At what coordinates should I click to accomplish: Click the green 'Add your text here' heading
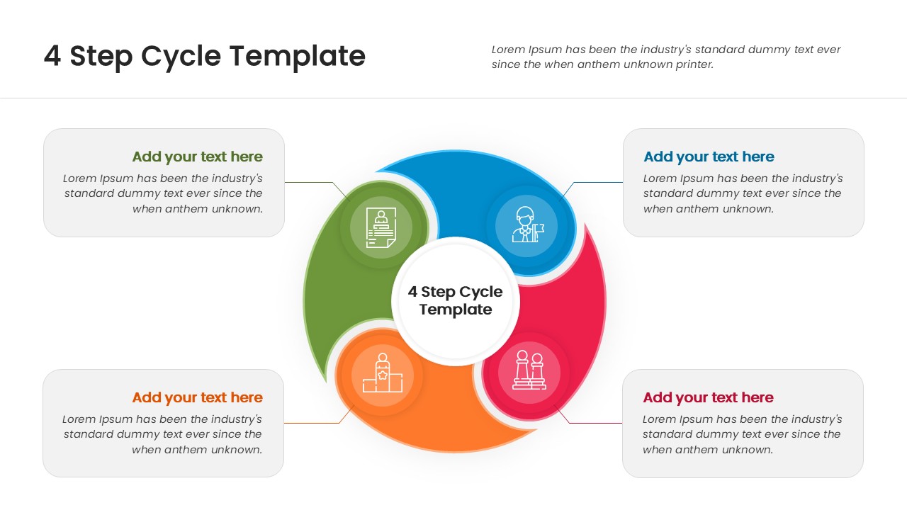(x=197, y=157)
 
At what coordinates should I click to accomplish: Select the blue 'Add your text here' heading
(x=709, y=157)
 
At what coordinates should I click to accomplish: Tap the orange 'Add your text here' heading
(x=197, y=397)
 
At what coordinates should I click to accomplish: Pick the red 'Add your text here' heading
(x=708, y=397)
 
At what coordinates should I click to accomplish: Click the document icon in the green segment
(x=381, y=227)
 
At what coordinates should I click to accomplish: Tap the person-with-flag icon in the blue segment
(x=526, y=226)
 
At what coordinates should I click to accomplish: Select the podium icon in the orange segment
(x=383, y=373)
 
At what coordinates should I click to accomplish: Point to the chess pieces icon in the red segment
(x=529, y=370)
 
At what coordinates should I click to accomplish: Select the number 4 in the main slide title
(x=52, y=56)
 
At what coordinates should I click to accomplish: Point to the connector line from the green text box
(x=312, y=182)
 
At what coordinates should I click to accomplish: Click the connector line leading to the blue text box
(x=595, y=182)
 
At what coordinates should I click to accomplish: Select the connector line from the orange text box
(x=312, y=423)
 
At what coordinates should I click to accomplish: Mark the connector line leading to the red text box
(x=595, y=423)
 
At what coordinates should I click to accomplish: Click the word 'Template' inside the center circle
(x=455, y=310)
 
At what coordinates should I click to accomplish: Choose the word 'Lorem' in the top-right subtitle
(x=507, y=50)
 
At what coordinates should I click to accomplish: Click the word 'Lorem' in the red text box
(x=659, y=419)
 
